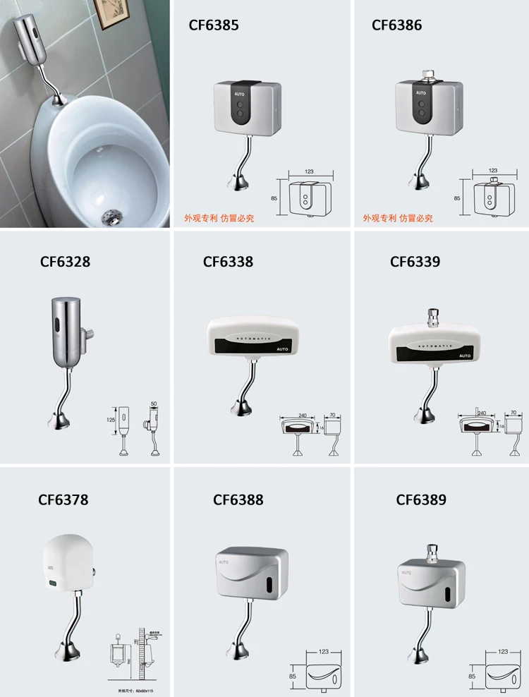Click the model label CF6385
click(214, 25)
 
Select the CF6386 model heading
click(397, 25)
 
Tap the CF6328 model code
click(65, 262)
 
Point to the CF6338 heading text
click(228, 262)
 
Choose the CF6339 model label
click(415, 262)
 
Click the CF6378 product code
click(63, 500)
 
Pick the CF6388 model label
click(238, 500)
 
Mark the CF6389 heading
click(421, 500)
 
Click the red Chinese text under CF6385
click(219, 219)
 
